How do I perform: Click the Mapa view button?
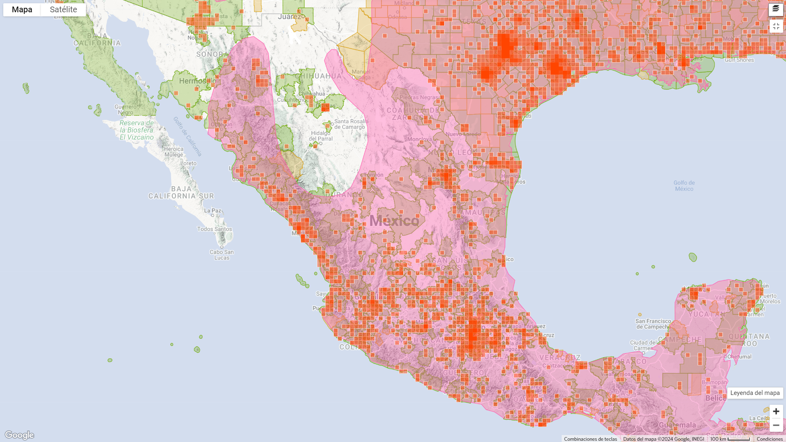pos(22,10)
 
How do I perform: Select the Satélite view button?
pos(63,10)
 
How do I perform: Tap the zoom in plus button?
pos(776,411)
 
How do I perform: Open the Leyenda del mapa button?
pos(755,393)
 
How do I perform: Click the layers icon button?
pos(776,9)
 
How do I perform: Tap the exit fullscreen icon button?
pos(776,26)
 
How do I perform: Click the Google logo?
pos(19,435)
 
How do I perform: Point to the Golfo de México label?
pos(684,186)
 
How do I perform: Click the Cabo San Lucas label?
pos(221,255)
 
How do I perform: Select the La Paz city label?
pos(212,211)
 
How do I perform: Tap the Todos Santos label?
pos(215,229)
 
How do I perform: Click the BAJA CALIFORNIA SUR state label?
pos(181,192)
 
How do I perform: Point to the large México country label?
pos(394,221)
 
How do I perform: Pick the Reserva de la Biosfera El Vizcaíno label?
pos(137,130)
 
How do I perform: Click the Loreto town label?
pos(188,163)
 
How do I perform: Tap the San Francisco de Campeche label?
pos(653,324)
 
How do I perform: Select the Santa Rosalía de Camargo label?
pos(351,124)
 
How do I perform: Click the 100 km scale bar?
pos(730,439)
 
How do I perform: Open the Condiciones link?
pos(770,439)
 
